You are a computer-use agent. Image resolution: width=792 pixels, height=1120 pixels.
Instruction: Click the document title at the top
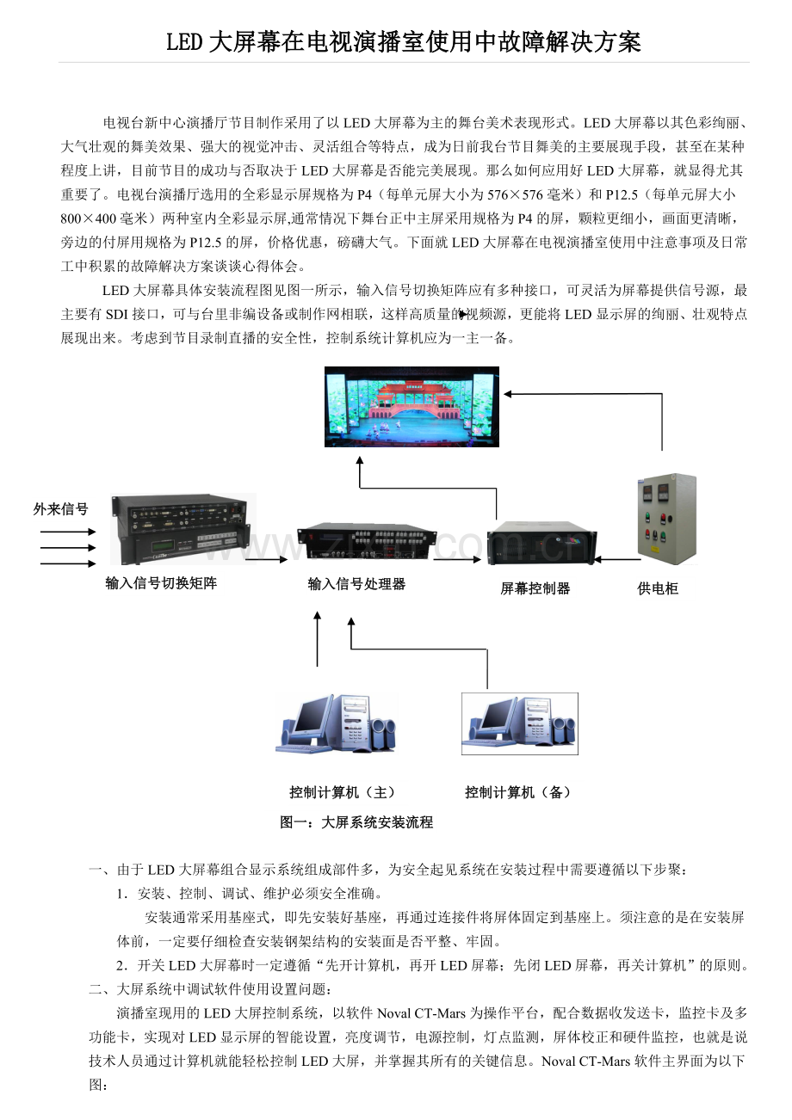point(403,41)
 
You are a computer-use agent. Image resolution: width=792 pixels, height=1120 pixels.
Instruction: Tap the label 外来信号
point(60,509)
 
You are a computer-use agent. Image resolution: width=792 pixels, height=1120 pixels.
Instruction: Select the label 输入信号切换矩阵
point(161,583)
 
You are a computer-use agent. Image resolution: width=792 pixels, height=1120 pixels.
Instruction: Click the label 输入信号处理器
point(356,583)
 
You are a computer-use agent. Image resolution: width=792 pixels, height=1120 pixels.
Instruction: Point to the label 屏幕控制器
point(535,588)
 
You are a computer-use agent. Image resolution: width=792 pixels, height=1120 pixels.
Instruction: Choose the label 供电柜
point(658,588)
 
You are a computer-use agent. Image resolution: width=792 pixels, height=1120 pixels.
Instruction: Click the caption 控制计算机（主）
point(343,792)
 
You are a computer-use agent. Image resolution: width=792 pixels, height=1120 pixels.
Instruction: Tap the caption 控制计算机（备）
point(519,792)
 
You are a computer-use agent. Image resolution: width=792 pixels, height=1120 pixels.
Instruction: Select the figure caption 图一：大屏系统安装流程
point(356,822)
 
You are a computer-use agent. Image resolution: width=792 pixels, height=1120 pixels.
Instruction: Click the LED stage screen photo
point(411,407)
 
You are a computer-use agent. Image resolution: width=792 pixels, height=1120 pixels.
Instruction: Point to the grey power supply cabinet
point(667,519)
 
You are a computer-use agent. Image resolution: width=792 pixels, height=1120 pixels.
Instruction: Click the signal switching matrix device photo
point(183,529)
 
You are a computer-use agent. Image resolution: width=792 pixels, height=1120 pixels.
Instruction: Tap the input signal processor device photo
point(367,541)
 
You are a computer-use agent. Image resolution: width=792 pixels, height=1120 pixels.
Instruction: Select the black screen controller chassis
point(541,542)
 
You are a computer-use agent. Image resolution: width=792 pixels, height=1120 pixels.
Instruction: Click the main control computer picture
point(337,723)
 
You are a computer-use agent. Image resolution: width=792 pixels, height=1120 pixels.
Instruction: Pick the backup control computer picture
point(520,723)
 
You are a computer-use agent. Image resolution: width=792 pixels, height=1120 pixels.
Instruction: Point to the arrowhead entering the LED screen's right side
point(507,394)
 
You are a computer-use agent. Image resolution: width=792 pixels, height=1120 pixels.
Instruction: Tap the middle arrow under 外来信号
point(68,547)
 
